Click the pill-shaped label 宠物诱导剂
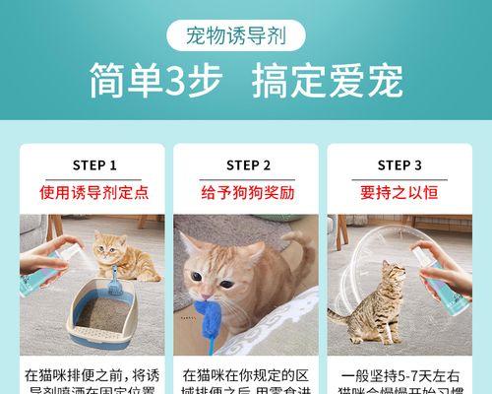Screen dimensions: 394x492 (246, 37)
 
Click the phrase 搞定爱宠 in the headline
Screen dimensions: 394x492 (328, 83)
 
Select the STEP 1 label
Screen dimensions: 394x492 (94, 165)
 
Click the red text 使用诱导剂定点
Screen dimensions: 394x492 (94, 192)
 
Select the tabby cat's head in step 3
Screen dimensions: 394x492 (394, 274)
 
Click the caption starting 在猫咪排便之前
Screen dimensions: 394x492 (94, 382)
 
